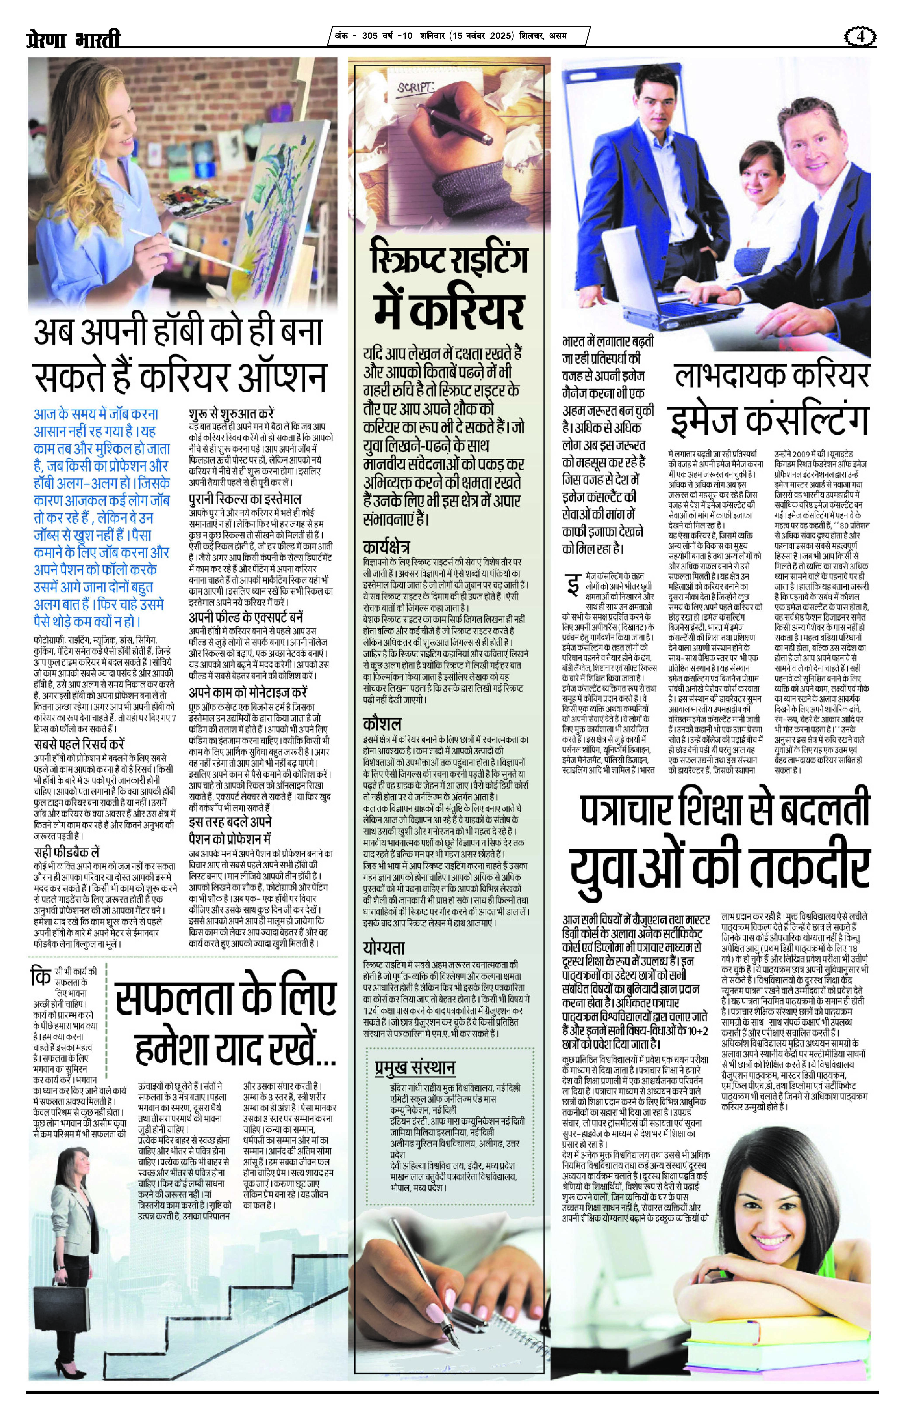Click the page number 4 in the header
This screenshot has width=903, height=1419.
[861, 36]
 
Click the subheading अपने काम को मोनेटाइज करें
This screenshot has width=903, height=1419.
[247, 692]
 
